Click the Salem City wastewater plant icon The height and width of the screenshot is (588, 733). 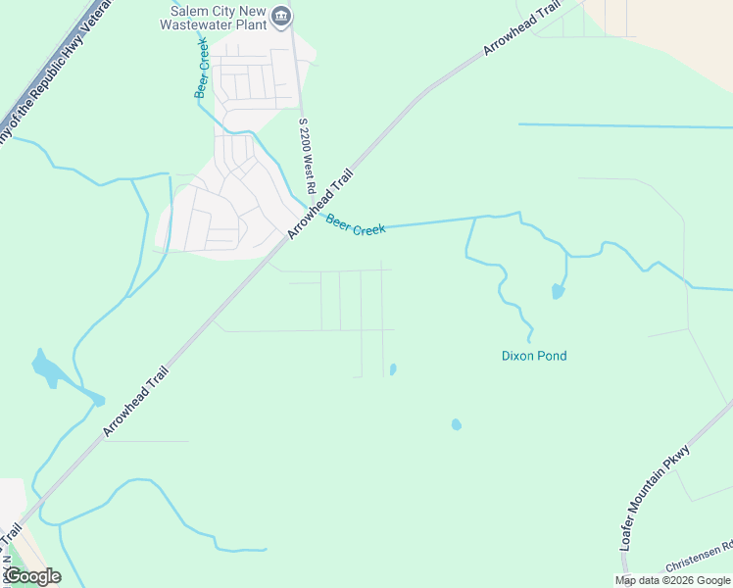(x=282, y=15)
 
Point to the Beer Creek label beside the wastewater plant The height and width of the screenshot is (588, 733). (x=202, y=71)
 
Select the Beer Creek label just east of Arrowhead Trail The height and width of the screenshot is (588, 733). (x=356, y=226)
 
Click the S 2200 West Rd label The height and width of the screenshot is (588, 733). (x=307, y=156)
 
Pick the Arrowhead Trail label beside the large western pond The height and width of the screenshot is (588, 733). (x=135, y=401)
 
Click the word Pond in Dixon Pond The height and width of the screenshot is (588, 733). (x=551, y=356)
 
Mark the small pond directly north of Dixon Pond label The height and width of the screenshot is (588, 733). (x=558, y=291)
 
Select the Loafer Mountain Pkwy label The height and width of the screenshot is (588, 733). (x=656, y=510)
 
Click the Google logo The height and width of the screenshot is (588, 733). (x=31, y=576)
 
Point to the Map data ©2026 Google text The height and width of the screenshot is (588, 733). (x=672, y=580)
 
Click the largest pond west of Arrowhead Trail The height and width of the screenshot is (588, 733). (x=45, y=367)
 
